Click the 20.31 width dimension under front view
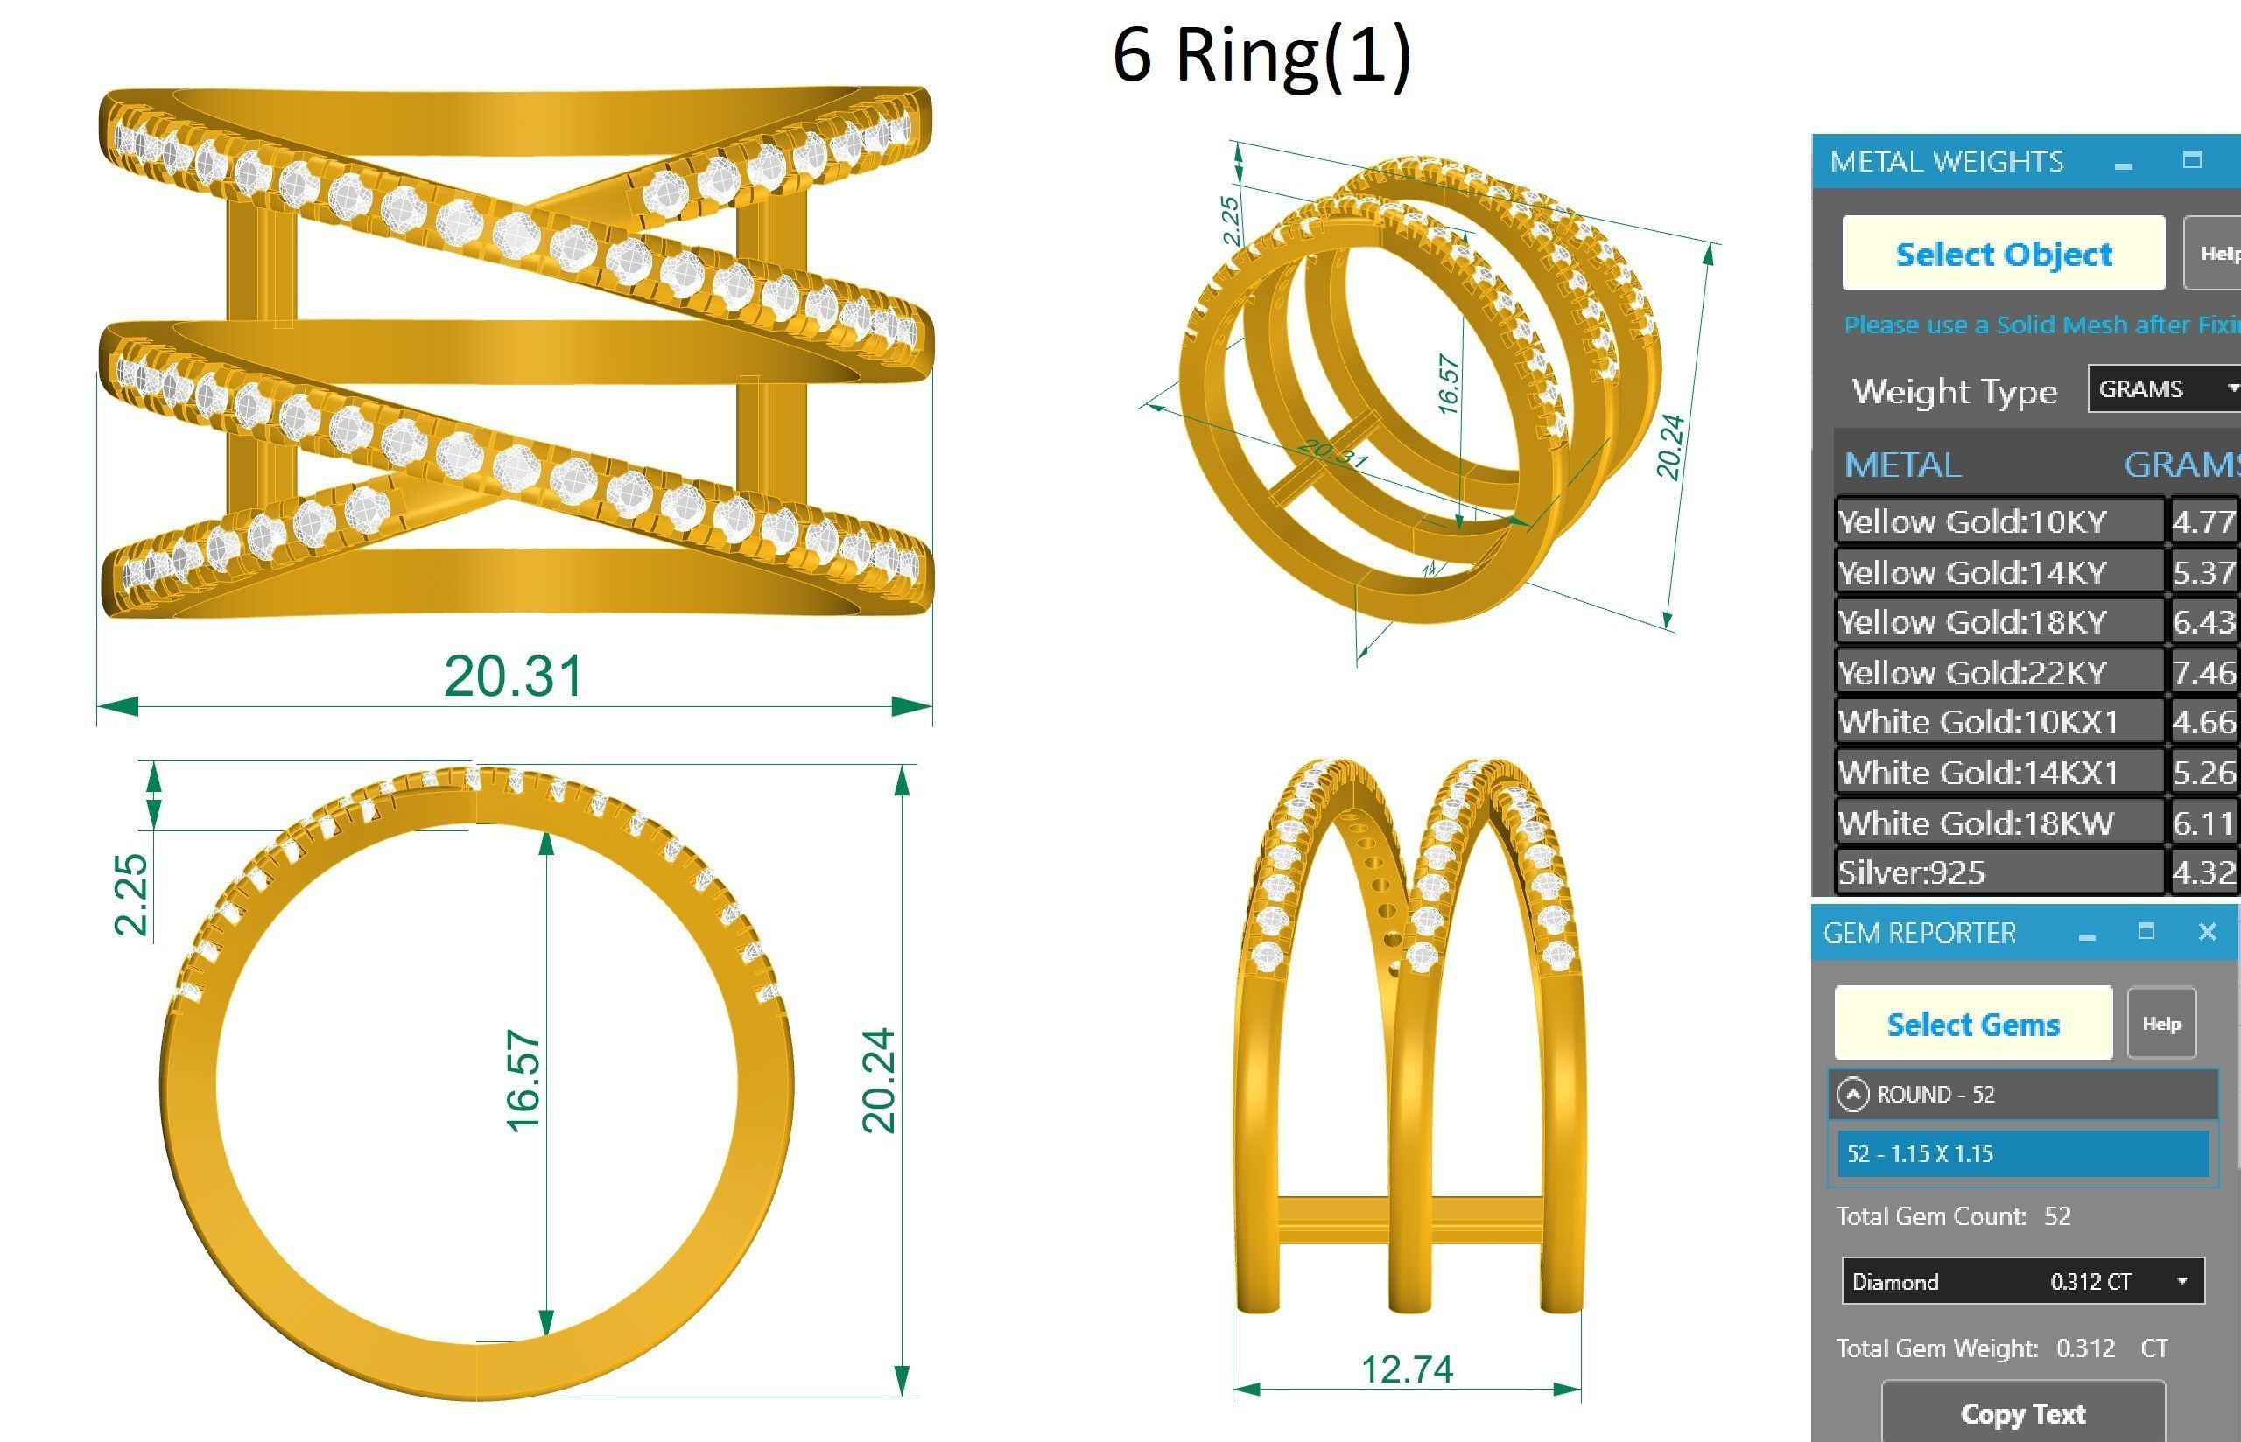point(513,676)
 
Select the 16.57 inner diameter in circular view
point(523,1081)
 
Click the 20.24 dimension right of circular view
point(878,1081)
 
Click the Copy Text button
point(2023,1413)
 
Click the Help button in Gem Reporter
point(2161,1024)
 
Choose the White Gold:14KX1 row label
point(1978,773)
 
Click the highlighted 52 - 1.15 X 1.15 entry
point(2023,1152)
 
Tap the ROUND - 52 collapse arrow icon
point(1852,1094)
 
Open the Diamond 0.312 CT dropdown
point(2023,1281)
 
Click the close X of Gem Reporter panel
point(2207,932)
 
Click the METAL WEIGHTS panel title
point(1946,161)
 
